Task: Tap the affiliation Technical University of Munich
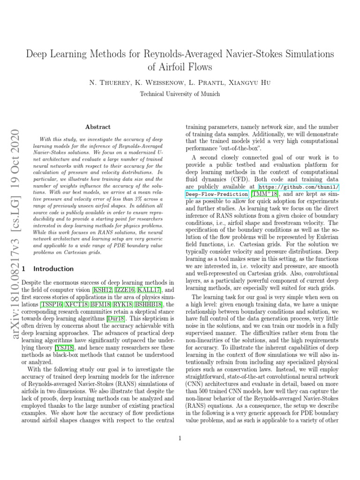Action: pos(180,94)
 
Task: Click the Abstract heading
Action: pos(98,127)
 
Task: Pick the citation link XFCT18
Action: pos(78,305)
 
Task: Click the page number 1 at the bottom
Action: pos(180,439)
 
